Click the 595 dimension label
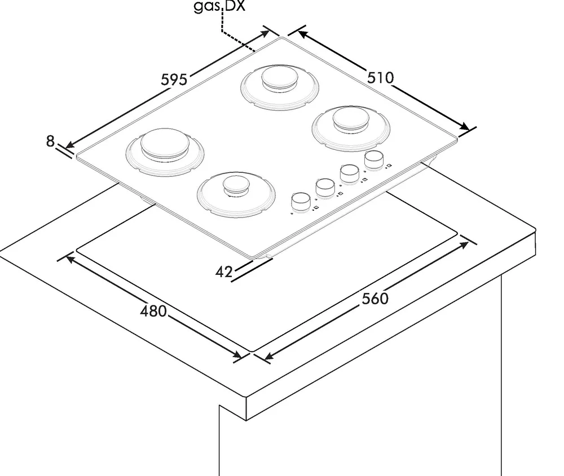(x=174, y=79)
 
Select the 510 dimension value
(x=381, y=78)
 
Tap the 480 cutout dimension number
(x=153, y=311)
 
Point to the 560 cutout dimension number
(x=375, y=299)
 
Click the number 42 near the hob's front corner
(x=224, y=272)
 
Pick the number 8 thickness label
(x=50, y=141)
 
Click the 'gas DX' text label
(x=219, y=6)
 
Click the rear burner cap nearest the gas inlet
(x=280, y=77)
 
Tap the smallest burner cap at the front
(x=236, y=185)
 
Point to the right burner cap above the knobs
(x=351, y=118)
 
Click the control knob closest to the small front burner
(x=301, y=202)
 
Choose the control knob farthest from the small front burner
(x=374, y=160)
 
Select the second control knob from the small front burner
(x=325, y=188)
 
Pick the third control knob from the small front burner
(x=350, y=174)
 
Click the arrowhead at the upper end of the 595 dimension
(x=265, y=34)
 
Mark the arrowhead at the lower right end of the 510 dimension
(x=465, y=126)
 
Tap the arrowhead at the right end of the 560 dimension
(x=464, y=245)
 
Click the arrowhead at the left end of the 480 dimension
(x=70, y=259)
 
